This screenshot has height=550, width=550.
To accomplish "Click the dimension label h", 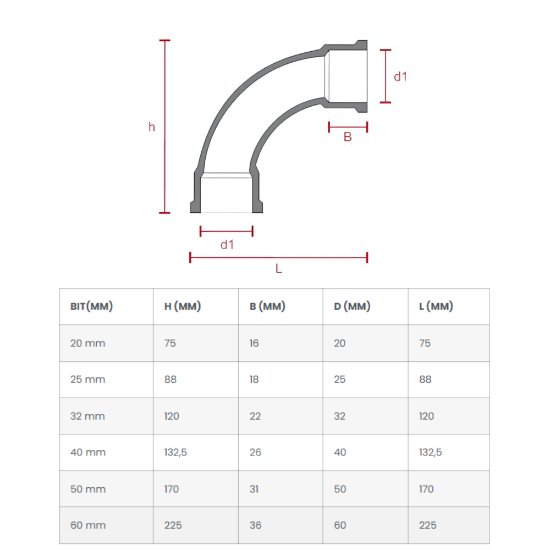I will click(152, 127).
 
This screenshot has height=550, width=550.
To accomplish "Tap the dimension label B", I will click(348, 137).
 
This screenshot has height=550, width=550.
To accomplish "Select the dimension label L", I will click(279, 269).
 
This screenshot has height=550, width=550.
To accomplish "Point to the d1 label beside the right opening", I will click(400, 76).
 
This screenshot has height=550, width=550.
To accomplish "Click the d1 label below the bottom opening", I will click(227, 245).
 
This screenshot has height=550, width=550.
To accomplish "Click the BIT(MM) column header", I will click(91, 306).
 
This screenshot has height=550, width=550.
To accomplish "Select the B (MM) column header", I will click(267, 306).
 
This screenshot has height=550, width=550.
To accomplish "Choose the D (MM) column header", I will click(352, 306).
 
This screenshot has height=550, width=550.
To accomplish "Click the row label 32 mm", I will click(87, 416).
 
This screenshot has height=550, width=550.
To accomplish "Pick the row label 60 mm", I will click(87, 525).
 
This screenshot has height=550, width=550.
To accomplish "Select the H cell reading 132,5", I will click(176, 453).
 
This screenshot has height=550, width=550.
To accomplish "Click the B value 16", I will click(254, 343).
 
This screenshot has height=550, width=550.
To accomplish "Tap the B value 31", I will click(254, 489).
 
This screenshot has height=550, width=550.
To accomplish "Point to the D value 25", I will click(340, 380).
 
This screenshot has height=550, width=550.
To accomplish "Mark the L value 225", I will click(427, 525).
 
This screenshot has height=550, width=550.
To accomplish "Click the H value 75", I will click(170, 343).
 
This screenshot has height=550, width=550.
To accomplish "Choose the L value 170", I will click(426, 489).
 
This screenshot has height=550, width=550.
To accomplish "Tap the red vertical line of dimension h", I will click(164, 165).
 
